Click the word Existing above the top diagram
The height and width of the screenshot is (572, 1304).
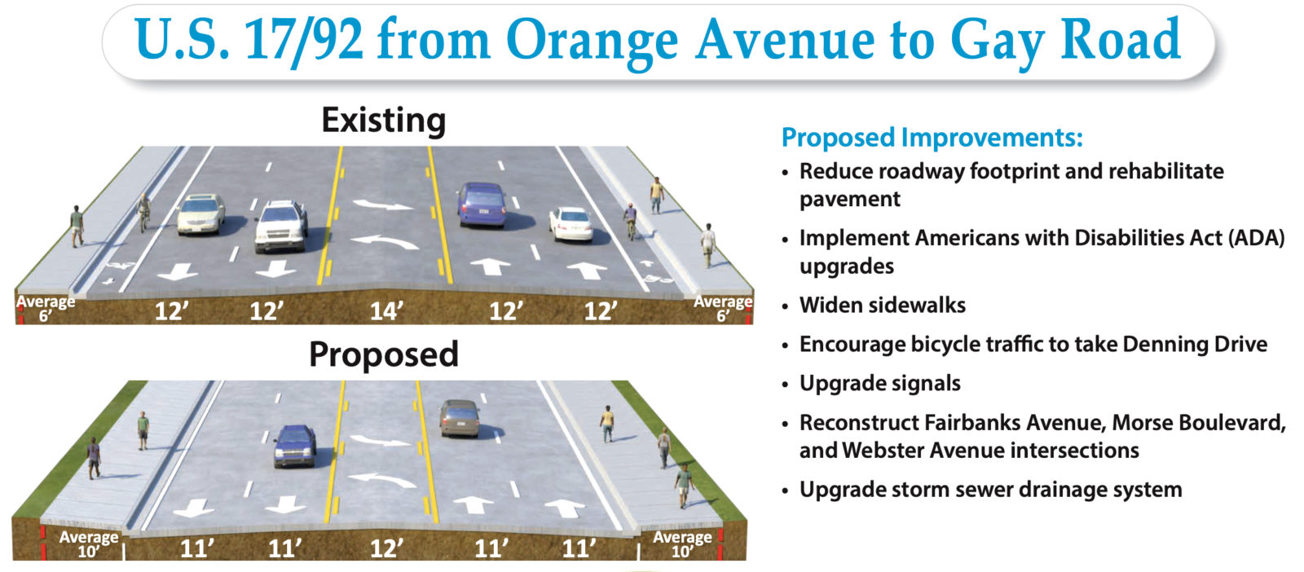tap(384, 121)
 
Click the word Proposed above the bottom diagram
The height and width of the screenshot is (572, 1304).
tap(384, 354)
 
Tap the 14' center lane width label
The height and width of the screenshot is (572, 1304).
tap(386, 311)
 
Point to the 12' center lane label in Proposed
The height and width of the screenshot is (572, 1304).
tap(386, 548)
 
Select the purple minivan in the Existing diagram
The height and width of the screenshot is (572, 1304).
tap(482, 205)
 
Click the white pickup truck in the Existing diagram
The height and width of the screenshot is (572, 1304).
tap(281, 227)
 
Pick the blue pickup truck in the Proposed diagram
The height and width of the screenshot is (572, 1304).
tap(295, 447)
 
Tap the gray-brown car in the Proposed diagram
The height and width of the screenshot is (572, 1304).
tap(460, 418)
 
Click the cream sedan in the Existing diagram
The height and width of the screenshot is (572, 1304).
tap(200, 214)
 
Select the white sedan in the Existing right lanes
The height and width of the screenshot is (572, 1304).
tap(571, 224)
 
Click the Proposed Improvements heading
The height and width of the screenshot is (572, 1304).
tap(932, 138)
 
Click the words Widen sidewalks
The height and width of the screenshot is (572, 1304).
tap(883, 305)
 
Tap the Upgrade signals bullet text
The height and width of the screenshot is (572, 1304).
tap(880, 384)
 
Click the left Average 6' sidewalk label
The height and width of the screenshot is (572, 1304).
tap(46, 308)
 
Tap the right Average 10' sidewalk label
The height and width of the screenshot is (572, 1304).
tap(682, 544)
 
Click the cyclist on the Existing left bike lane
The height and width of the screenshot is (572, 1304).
tap(143, 213)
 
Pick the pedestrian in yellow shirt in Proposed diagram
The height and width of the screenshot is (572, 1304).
tap(607, 424)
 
